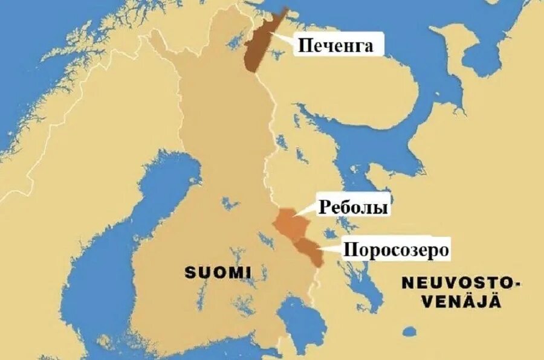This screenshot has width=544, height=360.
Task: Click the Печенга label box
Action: tap(335, 45)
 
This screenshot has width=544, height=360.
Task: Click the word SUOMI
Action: tap(218, 272)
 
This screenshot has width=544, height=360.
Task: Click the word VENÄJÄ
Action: tap(461, 303)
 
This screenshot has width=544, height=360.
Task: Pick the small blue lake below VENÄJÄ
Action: tap(411, 332)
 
